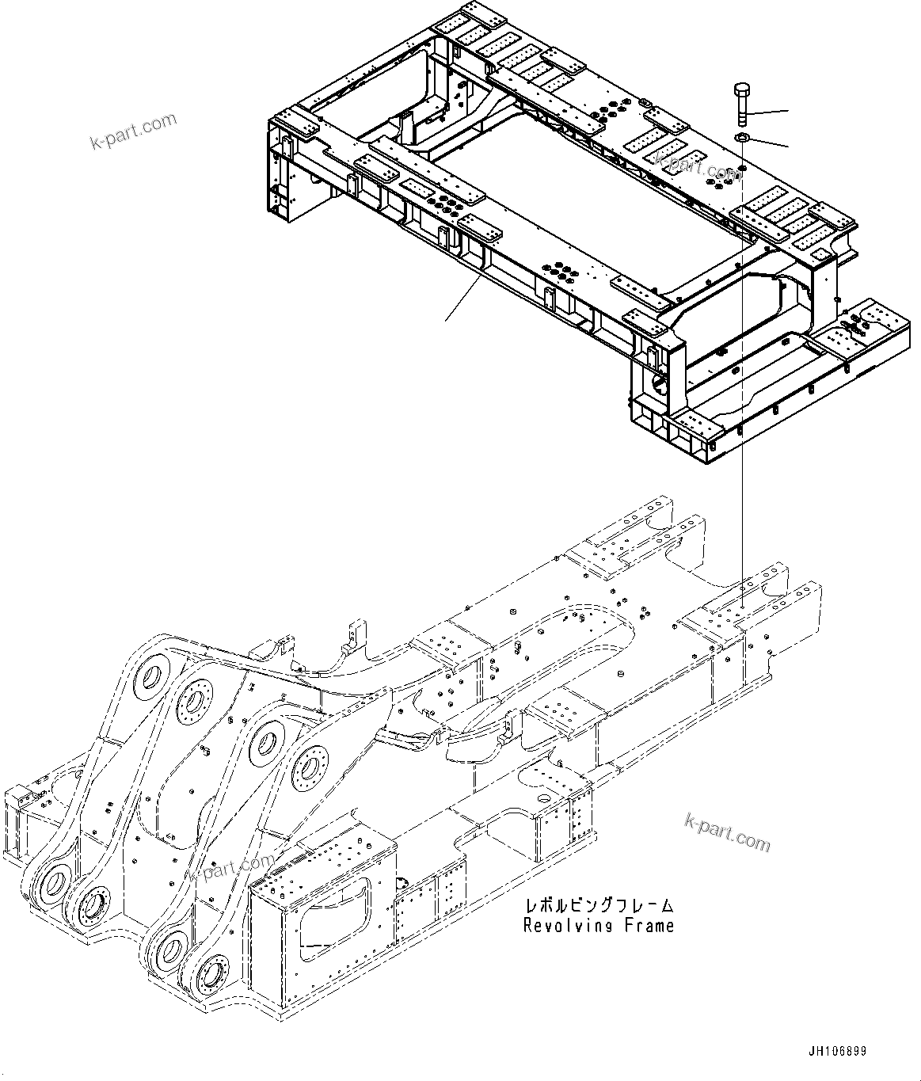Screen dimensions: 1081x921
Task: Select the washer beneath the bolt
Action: pyautogui.click(x=743, y=139)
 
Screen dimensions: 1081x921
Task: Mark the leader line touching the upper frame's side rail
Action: pyautogui.click(x=464, y=299)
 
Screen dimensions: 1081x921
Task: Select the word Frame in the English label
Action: pyautogui.click(x=647, y=925)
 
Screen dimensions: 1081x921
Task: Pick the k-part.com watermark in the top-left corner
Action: pyautogui.click(x=133, y=131)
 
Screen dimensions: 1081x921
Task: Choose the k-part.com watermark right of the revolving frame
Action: pyautogui.click(x=726, y=833)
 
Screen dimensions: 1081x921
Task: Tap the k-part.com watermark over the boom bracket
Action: pyautogui.click(x=231, y=866)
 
